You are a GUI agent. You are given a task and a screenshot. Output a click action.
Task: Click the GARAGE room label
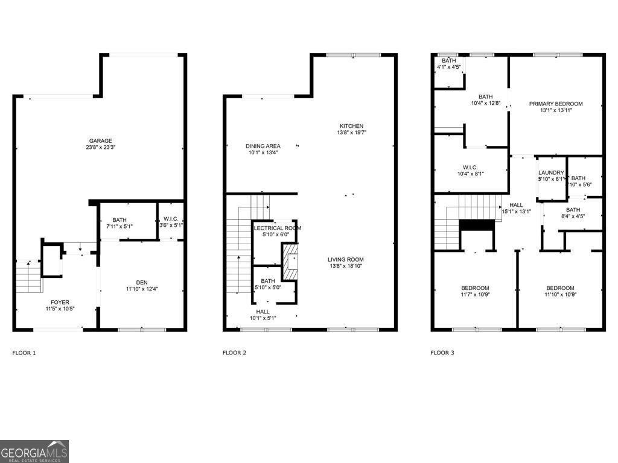point(101,141)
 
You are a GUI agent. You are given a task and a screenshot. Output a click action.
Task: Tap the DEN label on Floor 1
point(141,282)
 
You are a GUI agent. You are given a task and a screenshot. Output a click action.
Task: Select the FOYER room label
point(59,303)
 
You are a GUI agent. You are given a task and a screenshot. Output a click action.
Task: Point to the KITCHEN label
point(351,126)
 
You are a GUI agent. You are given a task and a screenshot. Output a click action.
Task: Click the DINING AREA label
point(263,146)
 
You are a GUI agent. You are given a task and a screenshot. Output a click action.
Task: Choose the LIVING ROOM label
point(346,259)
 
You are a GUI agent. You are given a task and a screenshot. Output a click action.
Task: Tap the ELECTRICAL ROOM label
point(278,228)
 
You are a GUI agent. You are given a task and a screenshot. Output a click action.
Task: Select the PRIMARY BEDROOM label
point(556,104)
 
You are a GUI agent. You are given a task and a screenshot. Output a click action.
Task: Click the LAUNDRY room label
point(551,172)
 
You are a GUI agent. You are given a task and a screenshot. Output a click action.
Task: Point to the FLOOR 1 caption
point(24,353)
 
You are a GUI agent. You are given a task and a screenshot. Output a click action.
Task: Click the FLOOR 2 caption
point(234,353)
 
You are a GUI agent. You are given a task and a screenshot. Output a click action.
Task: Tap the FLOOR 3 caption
point(442,353)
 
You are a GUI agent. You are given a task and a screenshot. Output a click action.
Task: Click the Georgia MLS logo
point(34,452)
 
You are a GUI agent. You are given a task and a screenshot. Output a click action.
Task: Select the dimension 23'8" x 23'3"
point(101,148)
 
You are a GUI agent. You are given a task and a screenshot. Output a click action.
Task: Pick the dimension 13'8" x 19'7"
point(352,133)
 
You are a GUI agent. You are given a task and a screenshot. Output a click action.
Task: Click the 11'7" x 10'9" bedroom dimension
point(475,295)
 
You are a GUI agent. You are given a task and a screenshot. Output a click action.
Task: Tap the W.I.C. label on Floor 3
point(470,167)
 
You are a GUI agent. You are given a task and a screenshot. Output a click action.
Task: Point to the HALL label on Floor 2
point(263,312)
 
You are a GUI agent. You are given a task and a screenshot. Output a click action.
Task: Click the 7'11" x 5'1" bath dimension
point(119,227)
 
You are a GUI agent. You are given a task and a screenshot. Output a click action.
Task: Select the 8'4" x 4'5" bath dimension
point(573,216)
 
